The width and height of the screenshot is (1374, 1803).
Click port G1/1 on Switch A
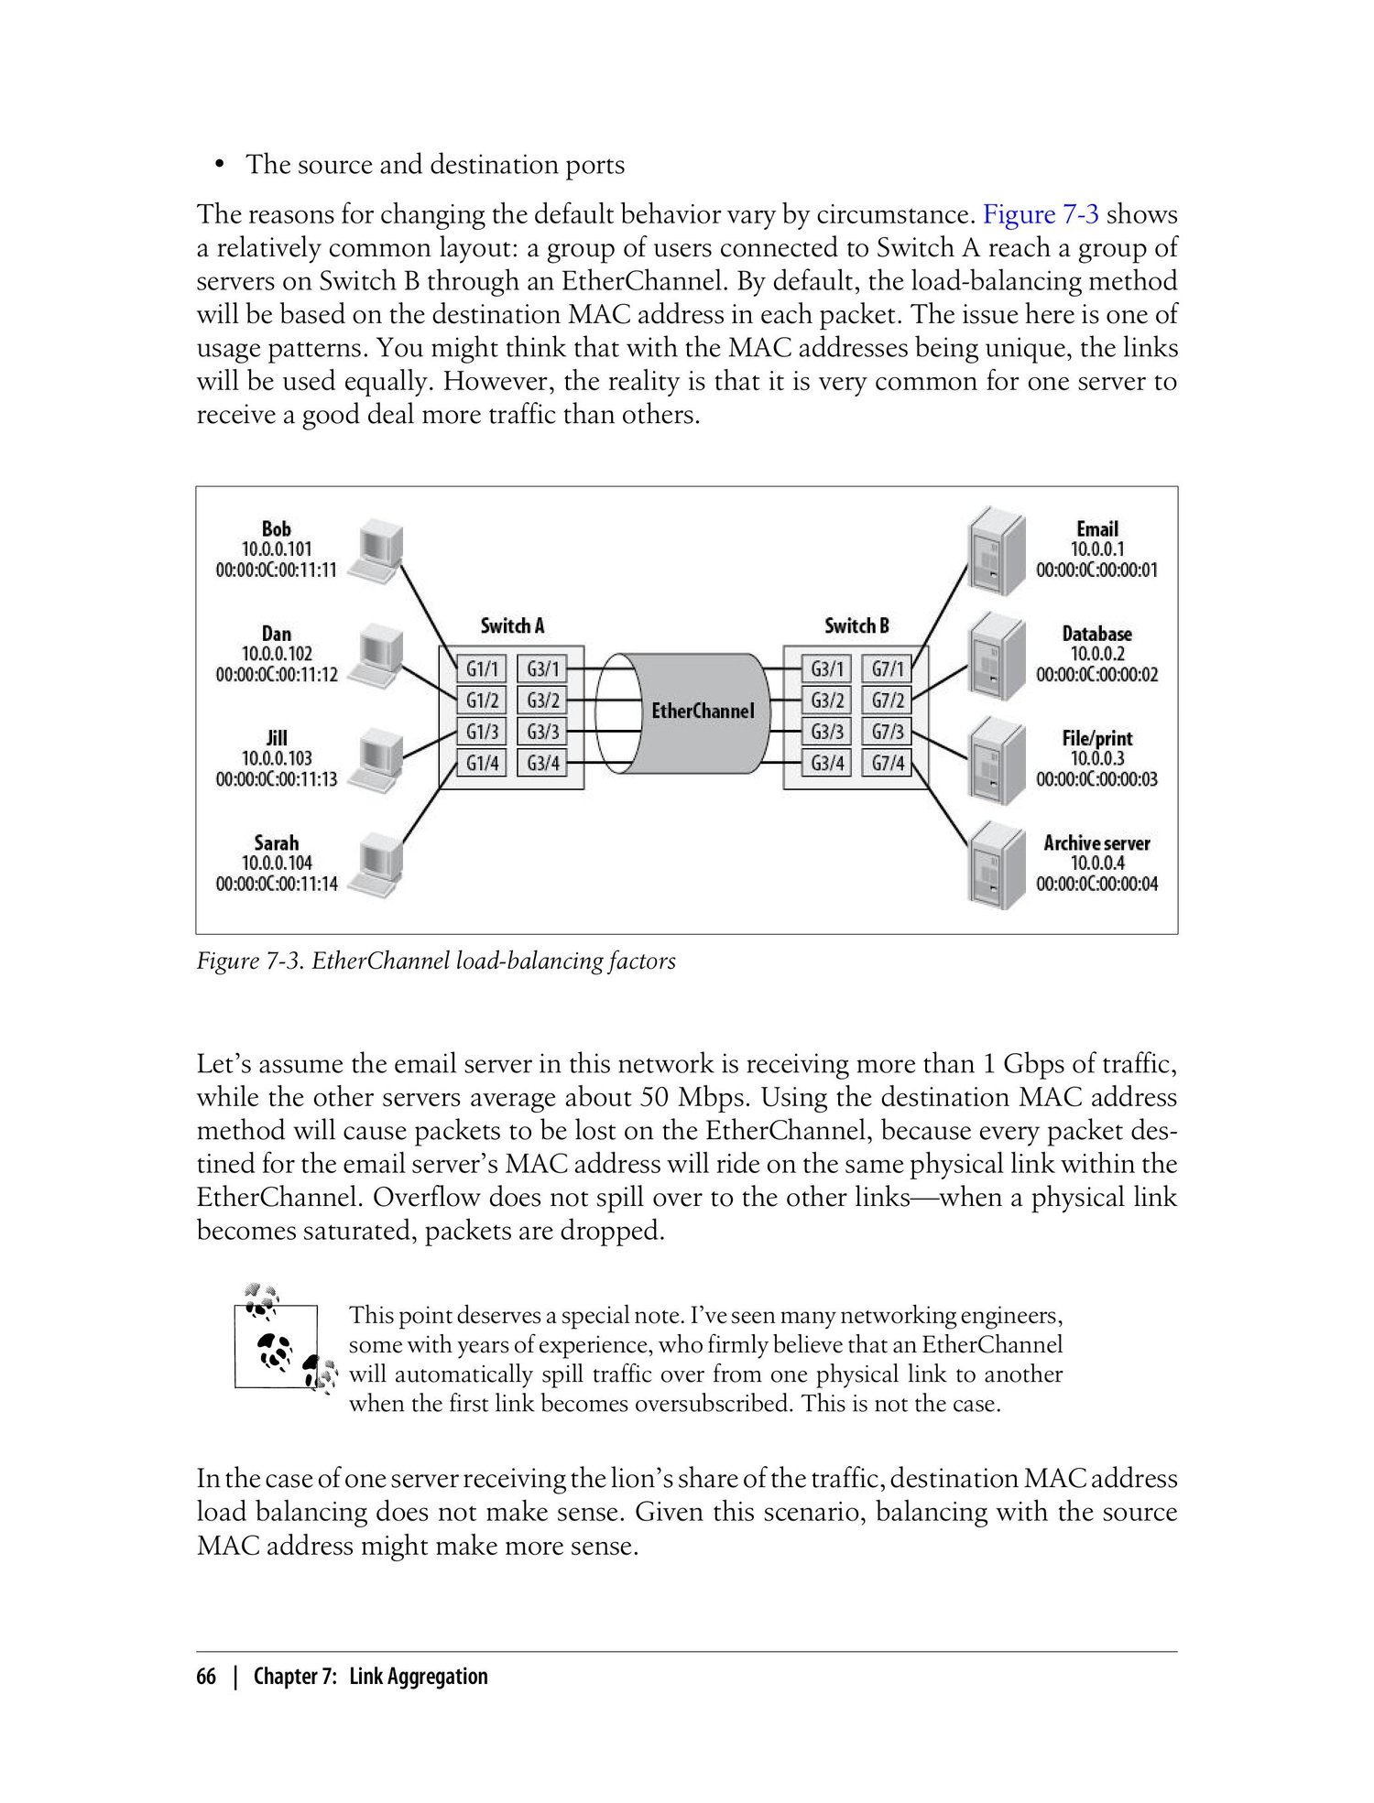click(483, 669)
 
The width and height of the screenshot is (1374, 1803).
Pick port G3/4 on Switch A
click(543, 763)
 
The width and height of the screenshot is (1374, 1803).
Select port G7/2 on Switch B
click(888, 701)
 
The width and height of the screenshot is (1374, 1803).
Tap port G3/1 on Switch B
click(827, 669)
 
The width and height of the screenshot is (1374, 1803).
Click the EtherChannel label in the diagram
click(703, 711)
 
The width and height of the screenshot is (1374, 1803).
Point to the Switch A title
click(512, 626)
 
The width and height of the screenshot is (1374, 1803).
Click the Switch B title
click(856, 626)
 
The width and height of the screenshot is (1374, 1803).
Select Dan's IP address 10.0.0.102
click(277, 654)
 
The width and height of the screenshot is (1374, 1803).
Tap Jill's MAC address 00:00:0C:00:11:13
click(277, 779)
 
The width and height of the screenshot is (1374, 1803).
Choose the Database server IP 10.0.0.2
click(1097, 654)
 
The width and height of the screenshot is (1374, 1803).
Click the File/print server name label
click(1097, 738)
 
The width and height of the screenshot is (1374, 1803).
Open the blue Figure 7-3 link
click(1041, 214)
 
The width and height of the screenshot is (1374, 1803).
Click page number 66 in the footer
click(206, 1676)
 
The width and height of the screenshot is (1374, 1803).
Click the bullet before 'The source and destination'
click(219, 166)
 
